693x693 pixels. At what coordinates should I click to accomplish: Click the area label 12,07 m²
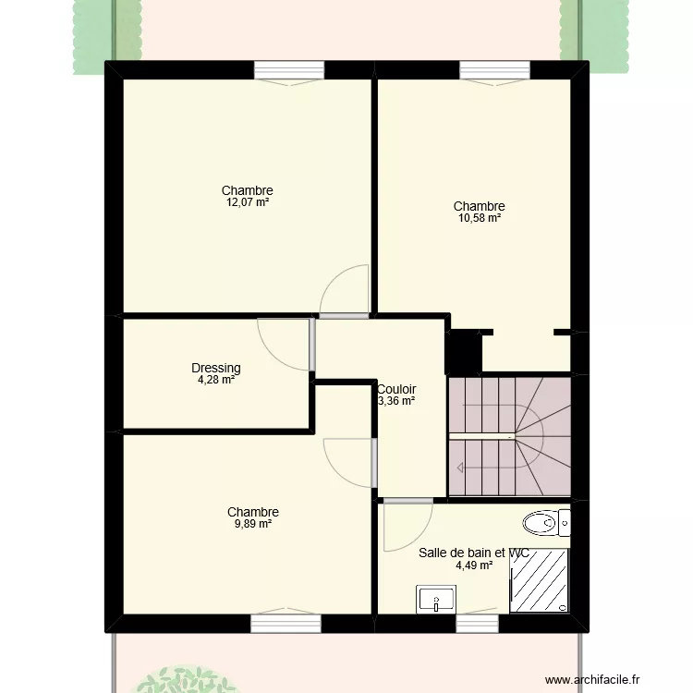pyautogui.click(x=247, y=202)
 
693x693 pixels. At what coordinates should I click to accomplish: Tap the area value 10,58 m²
pyautogui.click(x=479, y=219)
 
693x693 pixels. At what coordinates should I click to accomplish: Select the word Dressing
pyautogui.click(x=215, y=367)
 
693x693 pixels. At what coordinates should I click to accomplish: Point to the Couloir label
pyautogui.click(x=396, y=389)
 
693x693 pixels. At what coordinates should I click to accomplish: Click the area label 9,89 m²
pyautogui.click(x=252, y=524)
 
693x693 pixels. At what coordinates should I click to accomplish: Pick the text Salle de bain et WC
pyautogui.click(x=473, y=553)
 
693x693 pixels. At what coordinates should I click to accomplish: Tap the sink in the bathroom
pyautogui.click(x=432, y=599)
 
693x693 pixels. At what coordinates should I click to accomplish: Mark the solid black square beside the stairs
pyautogui.click(x=463, y=351)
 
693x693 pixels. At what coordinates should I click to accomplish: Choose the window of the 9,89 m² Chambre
pyautogui.click(x=286, y=624)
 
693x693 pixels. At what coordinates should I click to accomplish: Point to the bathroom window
pyautogui.click(x=477, y=624)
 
